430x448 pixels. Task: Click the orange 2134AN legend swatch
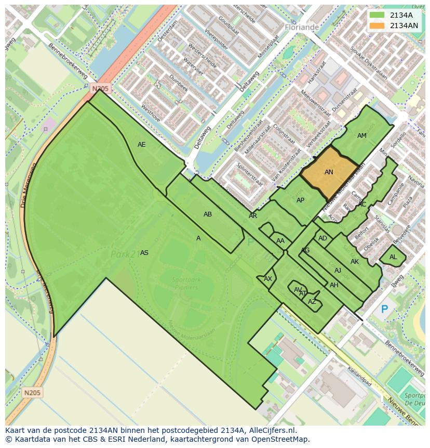(378, 25)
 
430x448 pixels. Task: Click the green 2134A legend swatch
(378, 15)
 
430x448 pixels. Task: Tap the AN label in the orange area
(329, 172)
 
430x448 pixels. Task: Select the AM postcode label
(362, 136)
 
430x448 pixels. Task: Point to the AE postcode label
(142, 145)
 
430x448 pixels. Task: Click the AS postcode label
(144, 253)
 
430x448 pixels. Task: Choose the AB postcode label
(208, 214)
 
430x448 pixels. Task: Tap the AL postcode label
(393, 257)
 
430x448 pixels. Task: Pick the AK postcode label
(355, 262)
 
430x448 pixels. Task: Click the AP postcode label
(300, 200)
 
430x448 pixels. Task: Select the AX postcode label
(268, 279)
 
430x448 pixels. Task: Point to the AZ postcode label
(312, 302)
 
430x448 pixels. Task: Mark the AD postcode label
(322, 238)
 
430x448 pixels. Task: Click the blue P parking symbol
(384, 310)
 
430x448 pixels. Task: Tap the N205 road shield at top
(101, 89)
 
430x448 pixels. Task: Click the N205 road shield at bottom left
(33, 392)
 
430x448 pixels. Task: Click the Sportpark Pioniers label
(186, 284)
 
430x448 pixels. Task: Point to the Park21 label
(124, 254)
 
